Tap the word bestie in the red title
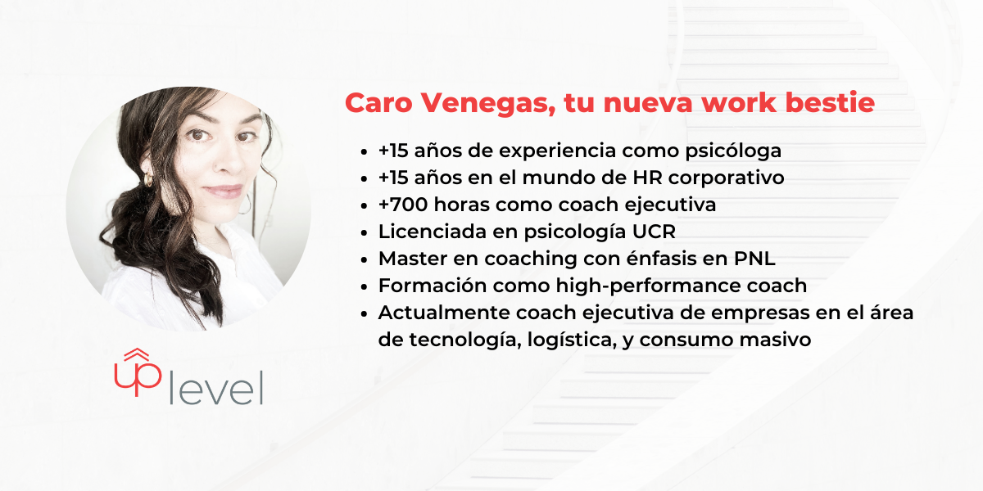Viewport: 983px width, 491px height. pos(830,102)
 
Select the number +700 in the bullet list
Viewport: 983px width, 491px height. pos(403,205)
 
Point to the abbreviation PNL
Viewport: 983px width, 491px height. pos(754,259)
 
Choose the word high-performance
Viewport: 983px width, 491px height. pos(648,286)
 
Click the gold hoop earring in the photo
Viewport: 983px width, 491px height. pos(148,179)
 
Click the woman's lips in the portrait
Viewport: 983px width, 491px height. pos(223,191)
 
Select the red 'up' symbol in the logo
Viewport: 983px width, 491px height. pos(138,372)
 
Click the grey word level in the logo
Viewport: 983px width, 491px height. pos(216,388)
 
